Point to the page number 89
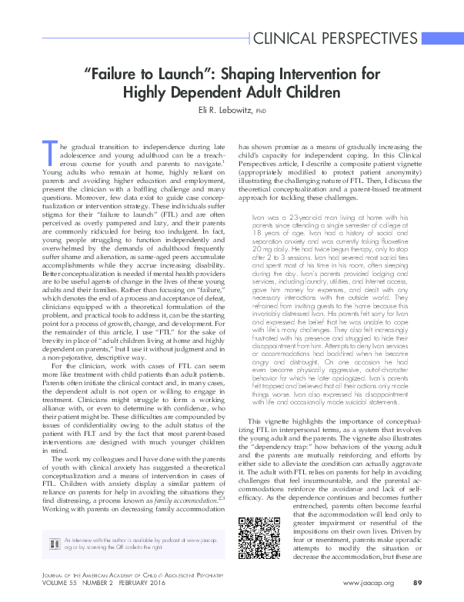click(418, 583)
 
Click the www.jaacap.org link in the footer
click(368, 583)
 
